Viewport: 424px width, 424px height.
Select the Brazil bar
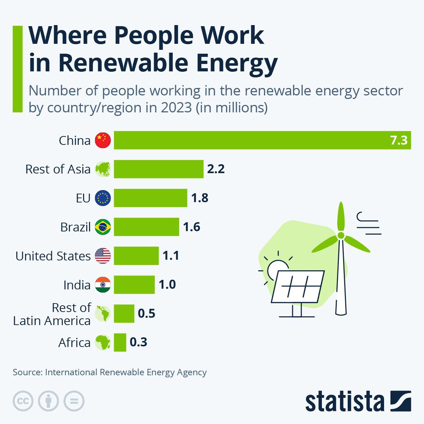(146, 227)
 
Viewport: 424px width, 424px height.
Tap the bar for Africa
(120, 342)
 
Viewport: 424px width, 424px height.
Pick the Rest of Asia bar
(158, 169)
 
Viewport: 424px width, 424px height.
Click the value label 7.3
(399, 141)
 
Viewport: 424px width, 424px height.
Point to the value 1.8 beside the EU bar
(200, 198)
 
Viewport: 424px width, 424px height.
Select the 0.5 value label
(147, 313)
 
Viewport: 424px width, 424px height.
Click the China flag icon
(103, 140)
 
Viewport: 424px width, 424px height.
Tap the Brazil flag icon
(103, 227)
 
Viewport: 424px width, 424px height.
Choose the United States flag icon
(103, 256)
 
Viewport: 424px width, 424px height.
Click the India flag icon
(103, 285)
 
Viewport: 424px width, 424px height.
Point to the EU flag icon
(103, 198)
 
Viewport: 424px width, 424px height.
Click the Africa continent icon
(103, 342)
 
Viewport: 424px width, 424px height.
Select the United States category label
(53, 256)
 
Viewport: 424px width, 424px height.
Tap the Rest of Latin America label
(52, 314)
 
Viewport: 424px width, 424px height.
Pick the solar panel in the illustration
(298, 287)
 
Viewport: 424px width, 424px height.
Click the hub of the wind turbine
(341, 235)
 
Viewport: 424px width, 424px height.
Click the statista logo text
(344, 402)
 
